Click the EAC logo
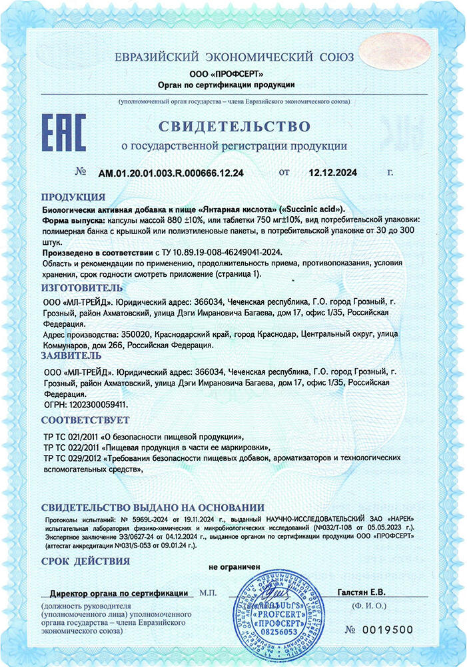click(x=64, y=133)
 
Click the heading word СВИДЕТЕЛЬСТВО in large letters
click(x=234, y=126)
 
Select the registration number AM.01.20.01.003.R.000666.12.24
click(x=171, y=173)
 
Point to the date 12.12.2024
click(x=333, y=173)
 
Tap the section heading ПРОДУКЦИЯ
click(x=73, y=197)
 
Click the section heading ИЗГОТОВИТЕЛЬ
click(x=82, y=287)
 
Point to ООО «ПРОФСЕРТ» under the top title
click(x=227, y=73)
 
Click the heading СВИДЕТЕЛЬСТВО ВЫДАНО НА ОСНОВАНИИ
click(x=153, y=508)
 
